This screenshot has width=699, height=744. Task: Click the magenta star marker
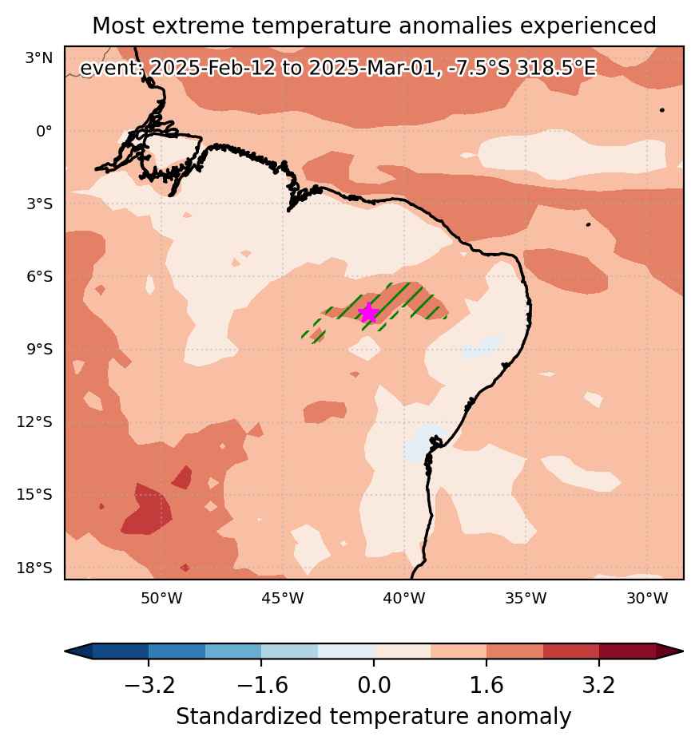point(368,313)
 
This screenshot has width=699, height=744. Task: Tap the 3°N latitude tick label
point(39,58)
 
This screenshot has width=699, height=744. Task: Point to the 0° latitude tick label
point(44,131)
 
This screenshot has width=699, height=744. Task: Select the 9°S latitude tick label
point(39,349)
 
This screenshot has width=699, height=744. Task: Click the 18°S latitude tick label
point(34,568)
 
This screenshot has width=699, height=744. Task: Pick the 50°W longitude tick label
point(161,599)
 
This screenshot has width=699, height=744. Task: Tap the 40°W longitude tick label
point(404,599)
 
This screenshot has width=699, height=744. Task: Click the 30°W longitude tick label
point(647,599)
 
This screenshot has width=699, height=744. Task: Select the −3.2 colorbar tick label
point(149,685)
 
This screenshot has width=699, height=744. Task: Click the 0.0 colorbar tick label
point(374,685)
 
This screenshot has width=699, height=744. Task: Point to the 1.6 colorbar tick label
point(487,685)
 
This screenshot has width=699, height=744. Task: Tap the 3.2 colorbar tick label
point(599,685)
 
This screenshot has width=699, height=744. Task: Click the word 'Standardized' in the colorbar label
point(248,717)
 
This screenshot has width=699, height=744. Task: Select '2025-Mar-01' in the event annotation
point(371,68)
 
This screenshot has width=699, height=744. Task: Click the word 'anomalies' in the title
point(455,26)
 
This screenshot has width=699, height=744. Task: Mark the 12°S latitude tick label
point(34,421)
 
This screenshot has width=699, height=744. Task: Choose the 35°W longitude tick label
point(526,599)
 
